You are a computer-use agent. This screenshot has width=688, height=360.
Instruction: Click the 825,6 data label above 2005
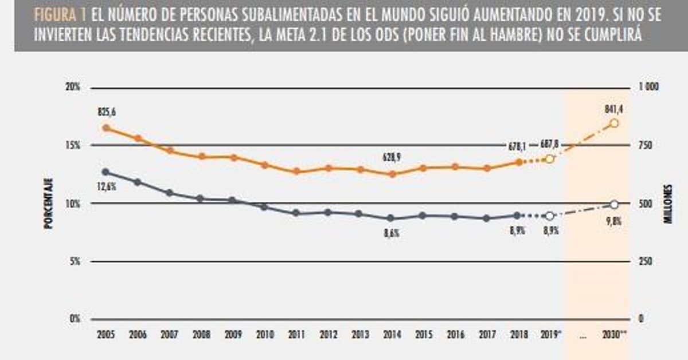click(105, 111)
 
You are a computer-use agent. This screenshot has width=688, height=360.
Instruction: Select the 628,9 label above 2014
click(392, 156)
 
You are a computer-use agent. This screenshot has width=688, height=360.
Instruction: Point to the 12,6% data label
click(106, 185)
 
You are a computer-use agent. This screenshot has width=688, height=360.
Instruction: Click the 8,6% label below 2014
click(392, 233)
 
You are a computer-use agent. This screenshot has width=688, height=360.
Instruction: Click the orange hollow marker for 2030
click(614, 123)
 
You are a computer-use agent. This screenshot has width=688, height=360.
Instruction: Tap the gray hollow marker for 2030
click(614, 205)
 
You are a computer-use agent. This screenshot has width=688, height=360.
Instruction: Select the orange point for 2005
click(105, 128)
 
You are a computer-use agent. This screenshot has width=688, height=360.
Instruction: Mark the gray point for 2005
click(105, 172)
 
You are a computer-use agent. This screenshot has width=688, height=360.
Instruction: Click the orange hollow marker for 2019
click(549, 159)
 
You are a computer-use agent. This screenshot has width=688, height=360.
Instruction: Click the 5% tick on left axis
click(75, 261)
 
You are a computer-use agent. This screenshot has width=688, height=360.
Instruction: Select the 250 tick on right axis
click(646, 261)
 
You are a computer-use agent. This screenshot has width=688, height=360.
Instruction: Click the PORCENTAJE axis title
click(48, 204)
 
